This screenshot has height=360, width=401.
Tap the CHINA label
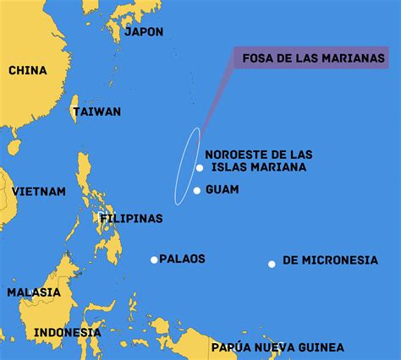click(x=28, y=70)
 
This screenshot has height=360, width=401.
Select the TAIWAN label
click(x=96, y=112)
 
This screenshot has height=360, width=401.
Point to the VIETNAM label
click(x=39, y=192)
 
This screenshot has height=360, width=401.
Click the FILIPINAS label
click(x=131, y=218)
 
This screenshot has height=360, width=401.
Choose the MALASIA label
click(x=34, y=292)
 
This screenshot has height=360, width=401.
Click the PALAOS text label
click(x=182, y=259)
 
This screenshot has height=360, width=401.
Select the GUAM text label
click(x=222, y=189)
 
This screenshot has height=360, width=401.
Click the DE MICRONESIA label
click(x=330, y=260)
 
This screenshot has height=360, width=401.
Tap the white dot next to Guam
click(x=197, y=190)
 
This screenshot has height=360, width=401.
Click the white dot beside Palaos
click(x=154, y=259)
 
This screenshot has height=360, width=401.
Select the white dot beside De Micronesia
click(x=272, y=265)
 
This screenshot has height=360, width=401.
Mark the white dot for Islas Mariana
click(x=199, y=167)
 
